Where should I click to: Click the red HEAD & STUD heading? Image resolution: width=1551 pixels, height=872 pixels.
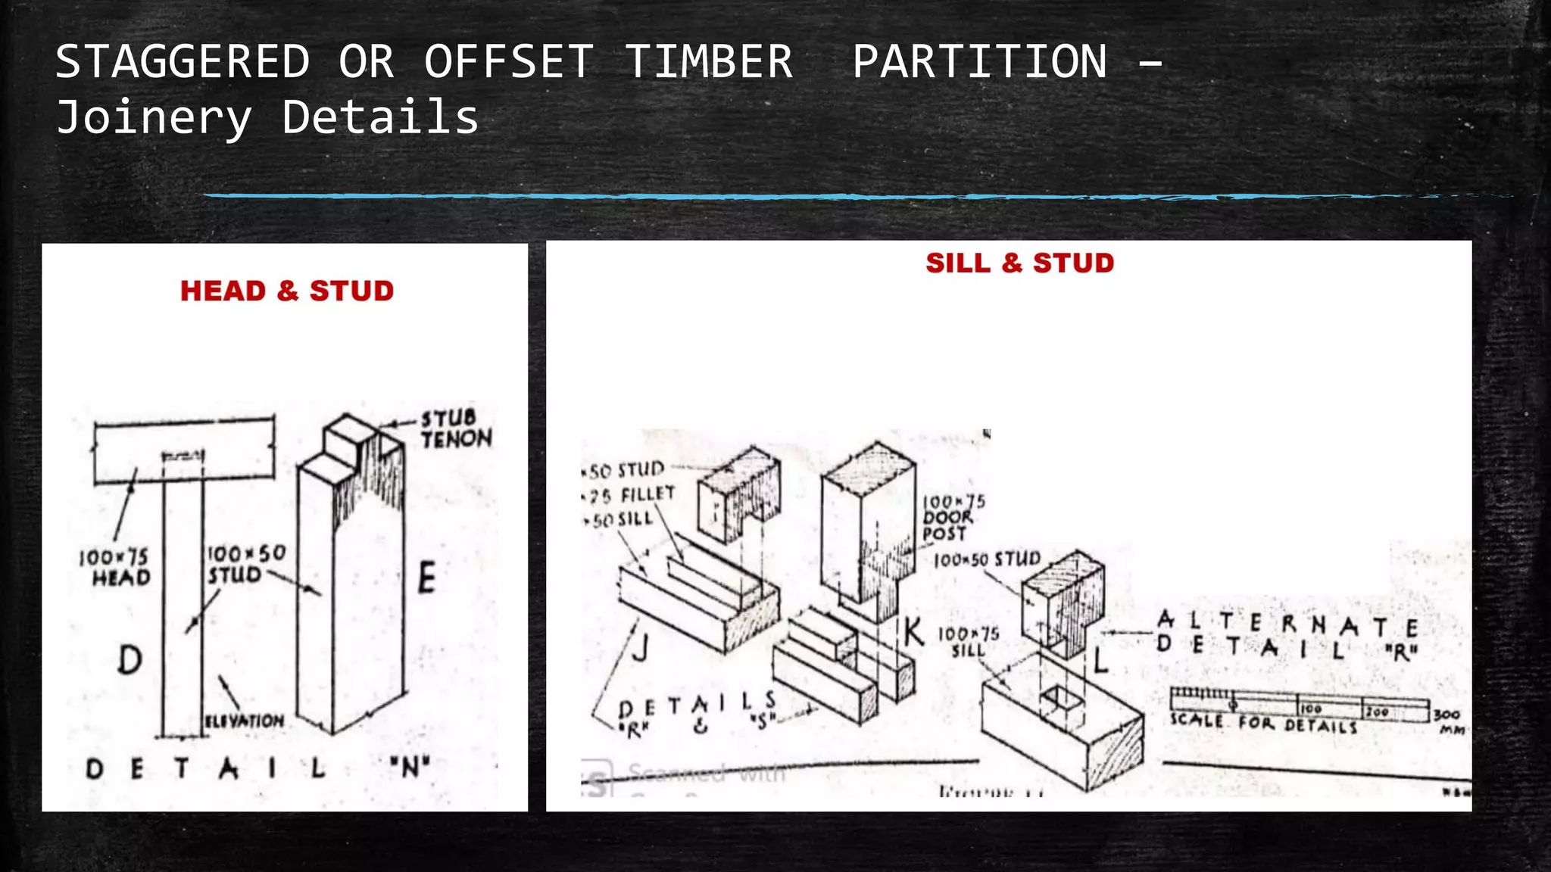coord(287,291)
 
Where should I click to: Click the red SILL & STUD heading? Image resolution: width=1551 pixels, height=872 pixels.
coord(1019,263)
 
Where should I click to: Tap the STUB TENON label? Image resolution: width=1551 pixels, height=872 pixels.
coord(456,429)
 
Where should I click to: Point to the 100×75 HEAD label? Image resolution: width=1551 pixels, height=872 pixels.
coord(115,568)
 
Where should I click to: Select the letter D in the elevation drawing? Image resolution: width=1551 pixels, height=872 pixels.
coord(130,659)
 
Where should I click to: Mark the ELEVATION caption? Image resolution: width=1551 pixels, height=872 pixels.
coord(245,721)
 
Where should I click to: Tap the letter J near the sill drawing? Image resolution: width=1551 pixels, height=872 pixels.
coord(641,648)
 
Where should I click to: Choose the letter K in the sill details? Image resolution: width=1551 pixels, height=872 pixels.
coord(913,631)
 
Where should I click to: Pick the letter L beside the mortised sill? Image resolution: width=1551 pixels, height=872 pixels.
coord(1100,661)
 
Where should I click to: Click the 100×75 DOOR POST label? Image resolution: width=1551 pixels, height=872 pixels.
coord(952,518)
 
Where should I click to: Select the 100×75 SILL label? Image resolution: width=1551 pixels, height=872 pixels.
coord(969,642)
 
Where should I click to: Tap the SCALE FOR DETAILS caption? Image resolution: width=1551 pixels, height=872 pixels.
coord(1263,723)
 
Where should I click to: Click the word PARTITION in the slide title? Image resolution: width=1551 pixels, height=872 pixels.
coord(979,61)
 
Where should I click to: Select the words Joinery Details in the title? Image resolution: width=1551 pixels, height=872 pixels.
coord(267,117)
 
